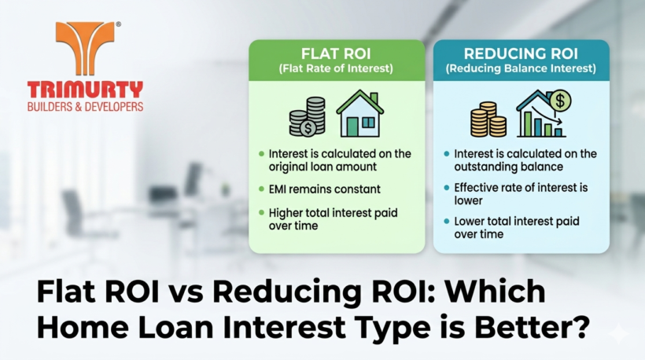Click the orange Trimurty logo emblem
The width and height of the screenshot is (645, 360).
coord(85,47)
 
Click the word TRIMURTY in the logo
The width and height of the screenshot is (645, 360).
coord(84,89)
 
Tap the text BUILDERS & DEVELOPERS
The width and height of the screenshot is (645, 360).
coord(85,105)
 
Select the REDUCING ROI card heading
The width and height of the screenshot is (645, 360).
coord(521,54)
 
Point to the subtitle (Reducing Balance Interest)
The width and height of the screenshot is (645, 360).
coord(521,68)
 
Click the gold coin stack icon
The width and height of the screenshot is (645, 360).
coord(488,119)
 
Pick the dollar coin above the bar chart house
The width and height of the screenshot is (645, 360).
coord(561,100)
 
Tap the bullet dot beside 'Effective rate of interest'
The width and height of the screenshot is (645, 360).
coord(447,188)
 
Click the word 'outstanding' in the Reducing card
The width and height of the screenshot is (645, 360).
coord(483,167)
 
